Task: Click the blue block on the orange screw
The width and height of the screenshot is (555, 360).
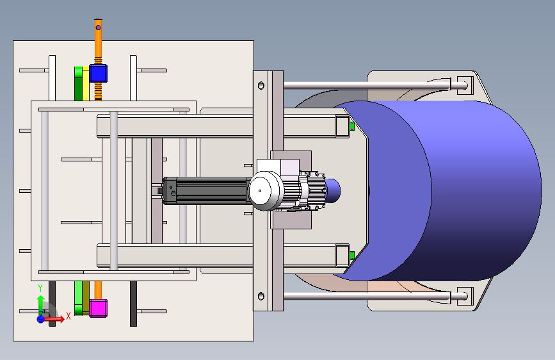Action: pyautogui.click(x=98, y=74)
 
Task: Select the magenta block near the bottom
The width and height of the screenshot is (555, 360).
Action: pyautogui.click(x=98, y=308)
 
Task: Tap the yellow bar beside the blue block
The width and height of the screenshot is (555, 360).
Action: pyautogui.click(x=86, y=83)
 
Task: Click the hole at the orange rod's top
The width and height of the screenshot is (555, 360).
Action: pyautogui.click(x=98, y=28)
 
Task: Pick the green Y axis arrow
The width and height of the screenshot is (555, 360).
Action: pyautogui.click(x=40, y=303)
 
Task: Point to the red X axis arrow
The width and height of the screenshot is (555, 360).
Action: pyautogui.click(x=54, y=319)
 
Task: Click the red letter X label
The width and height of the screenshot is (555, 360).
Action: pyautogui.click(x=68, y=316)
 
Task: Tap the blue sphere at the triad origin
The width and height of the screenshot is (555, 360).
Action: pyautogui.click(x=41, y=319)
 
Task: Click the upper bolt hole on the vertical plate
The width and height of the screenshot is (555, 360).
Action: pyautogui.click(x=261, y=86)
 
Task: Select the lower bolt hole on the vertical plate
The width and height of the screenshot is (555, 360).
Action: pyautogui.click(x=261, y=296)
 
